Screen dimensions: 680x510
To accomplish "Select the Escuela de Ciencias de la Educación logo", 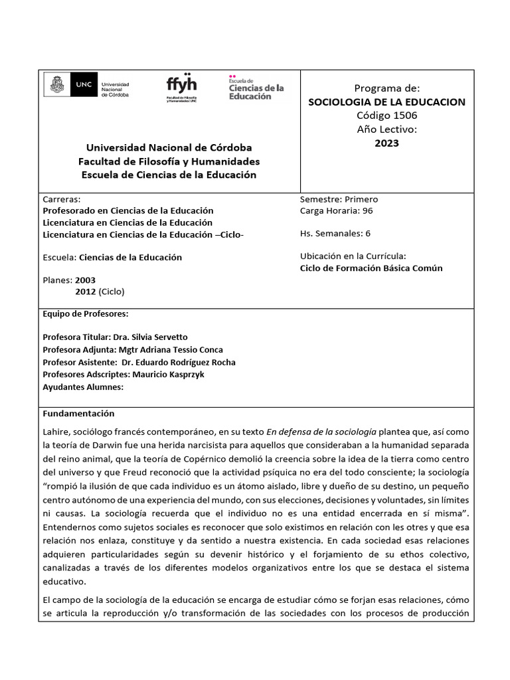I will [x=256, y=88].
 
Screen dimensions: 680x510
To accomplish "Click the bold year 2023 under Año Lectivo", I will [x=386, y=143].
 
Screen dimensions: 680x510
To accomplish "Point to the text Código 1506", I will [x=386, y=116].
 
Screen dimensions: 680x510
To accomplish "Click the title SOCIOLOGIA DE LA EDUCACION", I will [x=386, y=102].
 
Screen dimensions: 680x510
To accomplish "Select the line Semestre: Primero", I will [x=339, y=199].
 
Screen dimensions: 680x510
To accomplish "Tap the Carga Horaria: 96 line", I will [x=336, y=211].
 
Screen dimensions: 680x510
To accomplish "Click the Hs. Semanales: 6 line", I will [x=335, y=233].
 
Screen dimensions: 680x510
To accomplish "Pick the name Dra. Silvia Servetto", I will [x=150, y=337].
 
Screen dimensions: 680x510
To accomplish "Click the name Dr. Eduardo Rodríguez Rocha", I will [x=179, y=363].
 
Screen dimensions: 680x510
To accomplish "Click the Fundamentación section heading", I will [x=78, y=413].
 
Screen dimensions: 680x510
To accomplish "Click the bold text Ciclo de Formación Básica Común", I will [x=371, y=268].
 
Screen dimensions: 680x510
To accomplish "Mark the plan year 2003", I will [x=85, y=280].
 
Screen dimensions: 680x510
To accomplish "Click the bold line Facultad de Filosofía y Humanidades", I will [x=169, y=161].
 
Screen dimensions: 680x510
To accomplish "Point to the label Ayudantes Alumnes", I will [x=83, y=387].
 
